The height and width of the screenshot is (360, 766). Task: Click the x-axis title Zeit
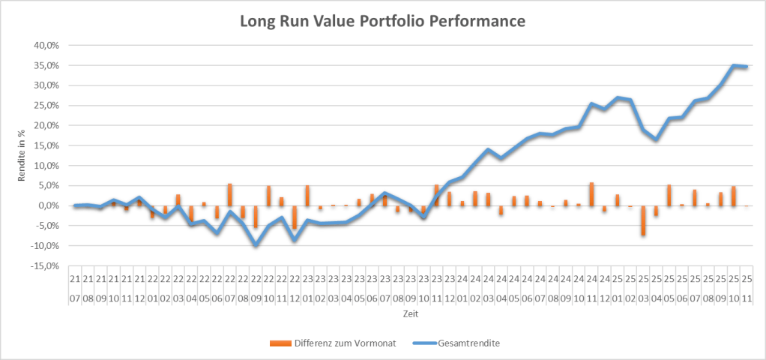[x=411, y=313]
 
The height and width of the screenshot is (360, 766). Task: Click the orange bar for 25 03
[x=643, y=220]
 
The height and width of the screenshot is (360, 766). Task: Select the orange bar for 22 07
[x=230, y=195]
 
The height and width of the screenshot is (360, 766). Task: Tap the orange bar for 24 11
[x=591, y=194]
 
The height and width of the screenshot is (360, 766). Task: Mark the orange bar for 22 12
[x=295, y=217]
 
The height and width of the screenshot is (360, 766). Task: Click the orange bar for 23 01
[x=307, y=196]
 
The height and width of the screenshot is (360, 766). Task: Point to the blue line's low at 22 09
[x=256, y=245]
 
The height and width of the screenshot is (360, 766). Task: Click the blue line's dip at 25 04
[x=656, y=139]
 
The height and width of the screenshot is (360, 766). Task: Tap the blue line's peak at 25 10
[x=733, y=65]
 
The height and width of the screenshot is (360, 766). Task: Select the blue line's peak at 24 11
[x=591, y=103]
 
